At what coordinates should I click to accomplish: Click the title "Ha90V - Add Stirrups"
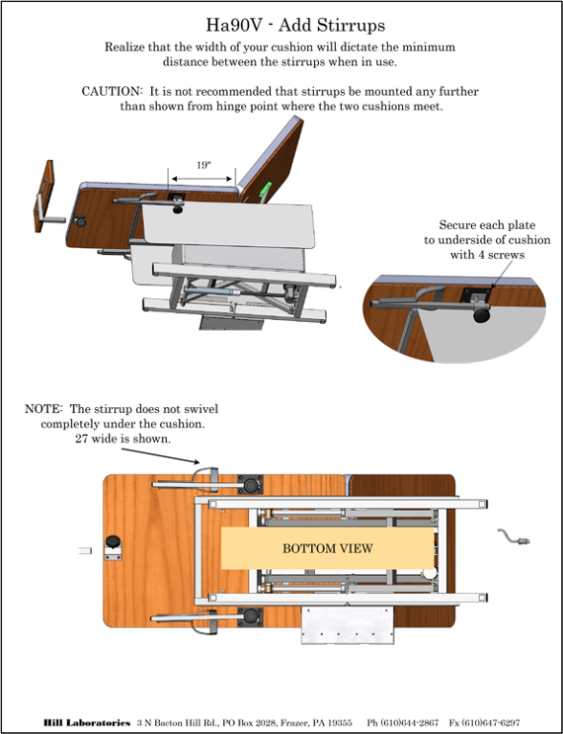coord(295,25)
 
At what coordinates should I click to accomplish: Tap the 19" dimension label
coord(202,165)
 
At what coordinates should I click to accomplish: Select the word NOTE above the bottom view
coord(43,409)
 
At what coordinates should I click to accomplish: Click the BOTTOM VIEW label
coord(328,548)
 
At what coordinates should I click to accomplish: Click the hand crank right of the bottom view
coord(514,537)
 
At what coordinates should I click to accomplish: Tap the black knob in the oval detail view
coord(481,313)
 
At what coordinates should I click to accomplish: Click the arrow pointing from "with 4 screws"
coord(501,275)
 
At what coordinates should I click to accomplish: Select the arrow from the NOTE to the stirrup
coord(161,456)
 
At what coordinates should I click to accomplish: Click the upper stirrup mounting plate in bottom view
coord(250,484)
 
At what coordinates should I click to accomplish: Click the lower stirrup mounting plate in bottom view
coord(250,617)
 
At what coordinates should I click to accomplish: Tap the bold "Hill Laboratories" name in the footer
coord(87,723)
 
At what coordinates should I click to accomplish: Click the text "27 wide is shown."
coord(123,439)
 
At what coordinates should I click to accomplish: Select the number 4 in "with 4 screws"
coord(475,255)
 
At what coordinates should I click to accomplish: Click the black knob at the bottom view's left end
coord(113,541)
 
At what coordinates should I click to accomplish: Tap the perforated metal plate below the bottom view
coord(348,625)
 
